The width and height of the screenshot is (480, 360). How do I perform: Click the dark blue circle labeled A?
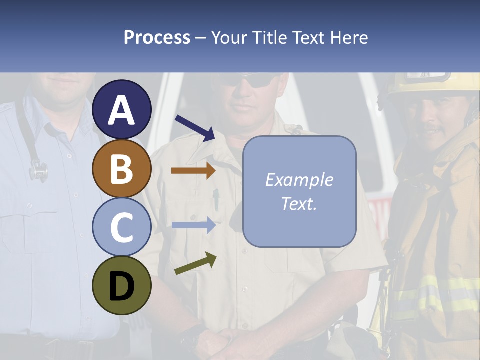click(122, 110)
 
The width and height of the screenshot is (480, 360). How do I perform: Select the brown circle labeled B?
click(122, 169)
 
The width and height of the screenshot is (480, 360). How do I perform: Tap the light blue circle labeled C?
click(122, 227)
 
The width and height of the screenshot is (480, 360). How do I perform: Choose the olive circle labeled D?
click(122, 285)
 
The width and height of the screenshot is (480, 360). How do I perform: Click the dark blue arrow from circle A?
click(195, 127)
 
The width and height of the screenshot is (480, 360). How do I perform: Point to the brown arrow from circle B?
click(193, 171)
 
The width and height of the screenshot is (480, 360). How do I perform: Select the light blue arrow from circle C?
click(193, 225)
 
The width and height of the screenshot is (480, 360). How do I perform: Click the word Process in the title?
click(157, 38)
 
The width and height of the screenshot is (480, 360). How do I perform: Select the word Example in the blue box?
click(299, 180)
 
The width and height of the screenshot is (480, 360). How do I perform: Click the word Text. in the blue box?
click(299, 203)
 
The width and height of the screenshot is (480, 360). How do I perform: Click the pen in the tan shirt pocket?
click(216, 199)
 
